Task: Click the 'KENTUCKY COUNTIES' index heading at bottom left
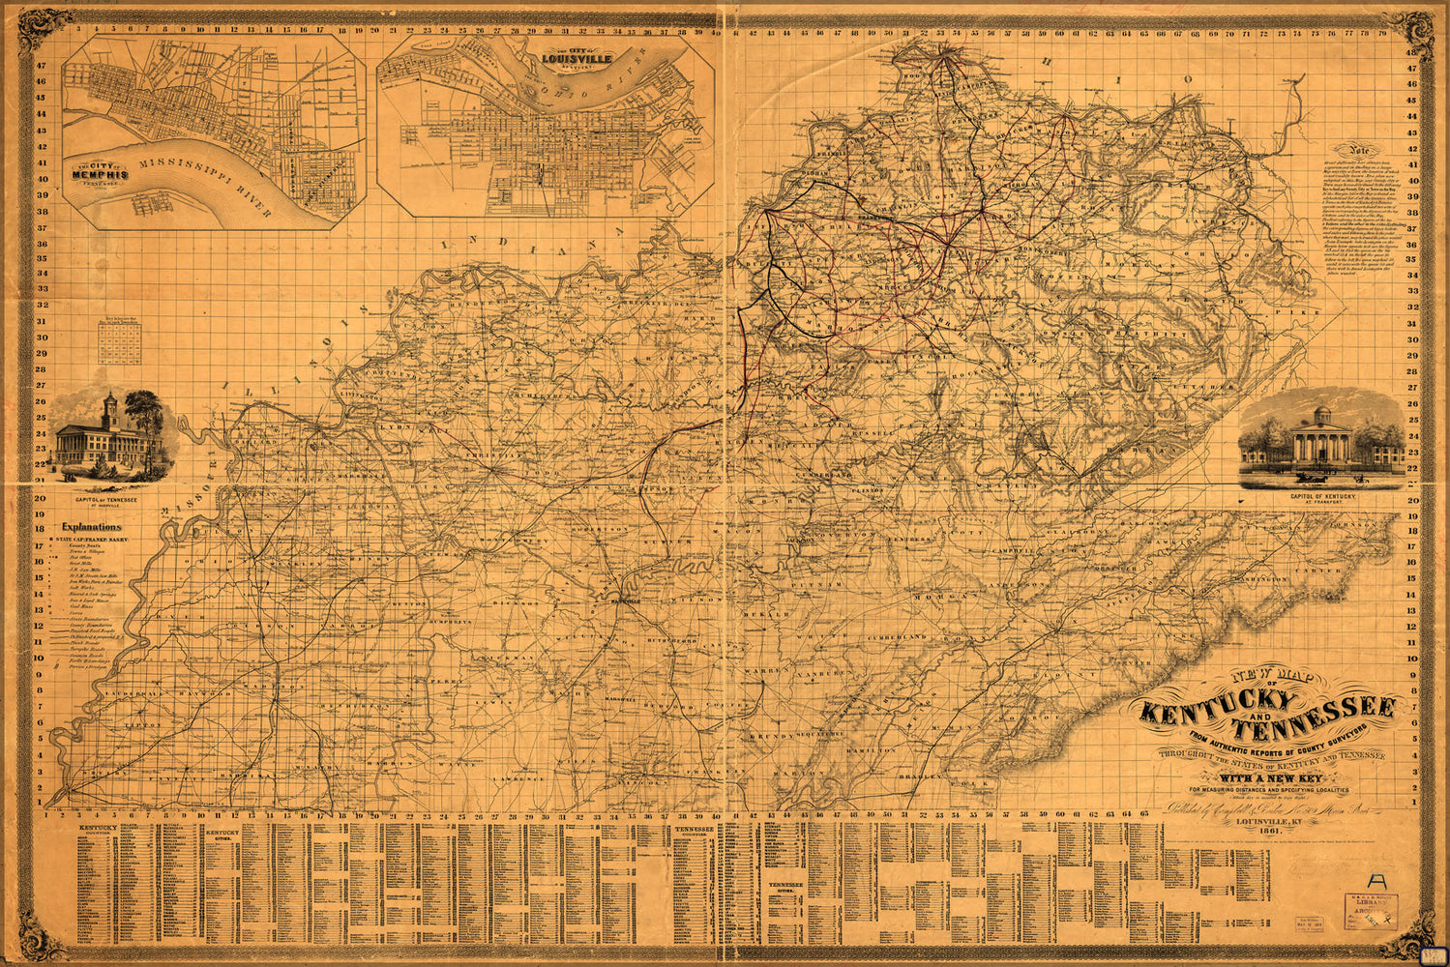coord(100,831)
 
